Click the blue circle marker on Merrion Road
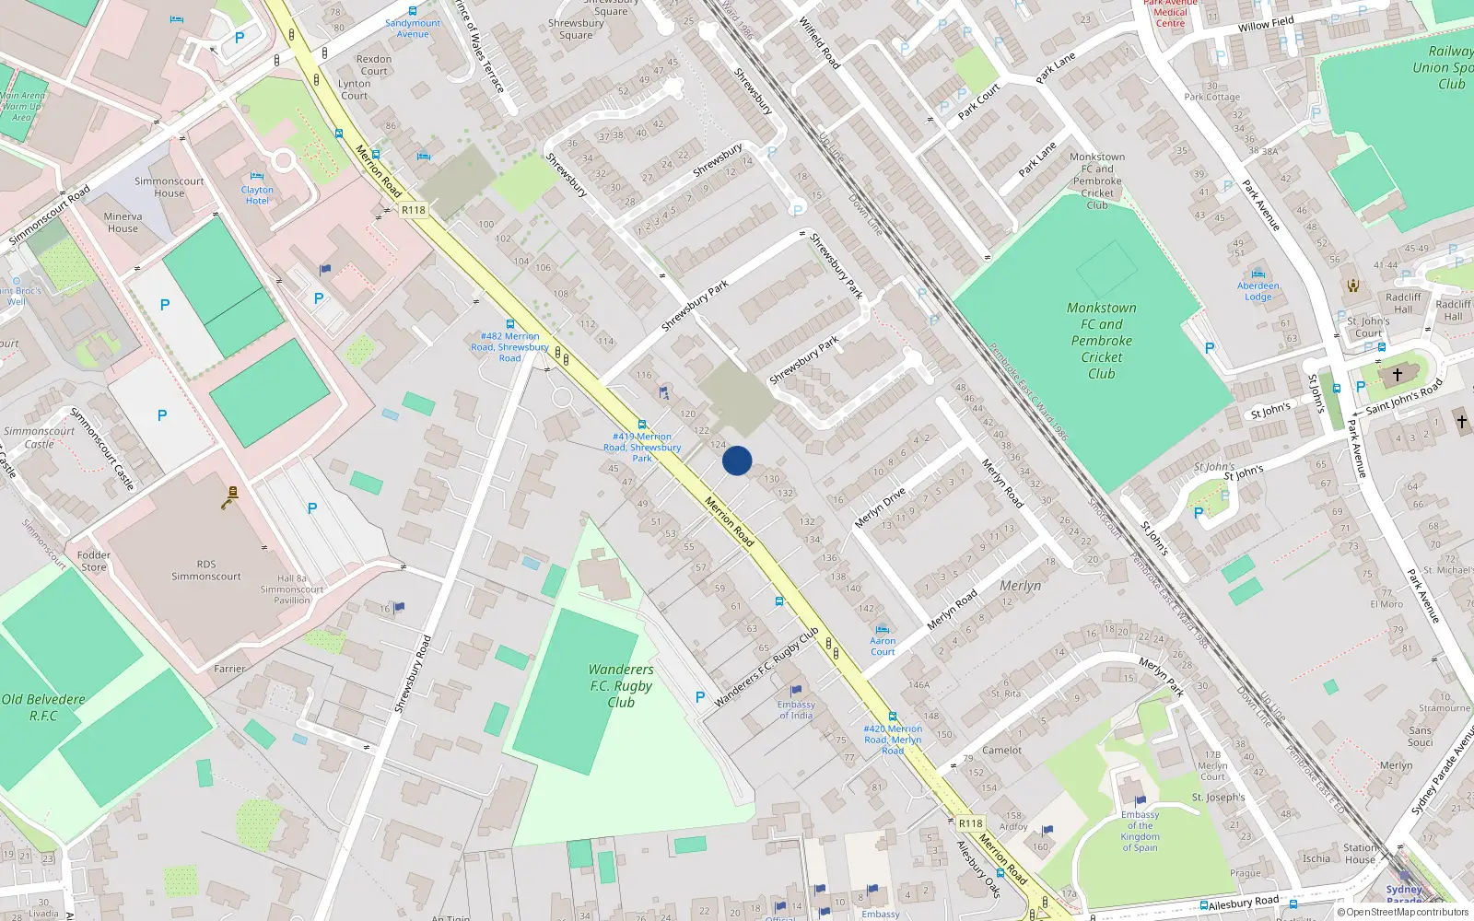(x=737, y=460)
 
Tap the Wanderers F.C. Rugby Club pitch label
(x=621, y=686)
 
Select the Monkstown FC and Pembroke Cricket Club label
(x=1102, y=341)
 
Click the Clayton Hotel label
(x=257, y=195)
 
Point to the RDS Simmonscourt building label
(x=206, y=570)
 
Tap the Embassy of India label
(x=796, y=709)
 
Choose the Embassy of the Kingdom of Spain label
(x=1141, y=832)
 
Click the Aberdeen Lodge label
(x=1258, y=291)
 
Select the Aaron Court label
(x=883, y=646)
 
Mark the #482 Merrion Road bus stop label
(x=509, y=347)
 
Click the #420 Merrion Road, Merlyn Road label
(x=893, y=740)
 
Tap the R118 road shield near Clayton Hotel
(x=414, y=210)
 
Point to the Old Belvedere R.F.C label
(x=43, y=707)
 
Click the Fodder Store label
(x=93, y=561)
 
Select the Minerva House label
(x=123, y=223)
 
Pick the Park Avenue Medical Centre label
(x=1170, y=13)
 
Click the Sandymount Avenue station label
(x=413, y=29)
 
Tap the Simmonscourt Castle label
(x=40, y=437)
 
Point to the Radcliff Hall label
(x=1403, y=303)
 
